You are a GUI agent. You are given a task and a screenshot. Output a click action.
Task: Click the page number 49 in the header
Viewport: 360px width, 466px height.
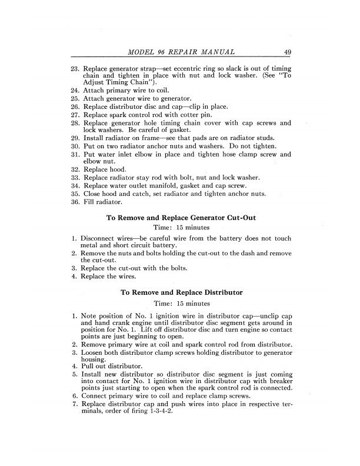pos(285,52)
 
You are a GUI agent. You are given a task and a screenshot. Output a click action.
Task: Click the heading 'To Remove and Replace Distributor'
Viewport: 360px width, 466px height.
pos(181,292)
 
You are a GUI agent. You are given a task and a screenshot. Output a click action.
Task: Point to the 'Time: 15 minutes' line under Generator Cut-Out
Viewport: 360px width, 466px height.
pos(181,227)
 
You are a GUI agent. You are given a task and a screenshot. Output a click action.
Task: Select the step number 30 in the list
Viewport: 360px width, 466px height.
pos(75,144)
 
